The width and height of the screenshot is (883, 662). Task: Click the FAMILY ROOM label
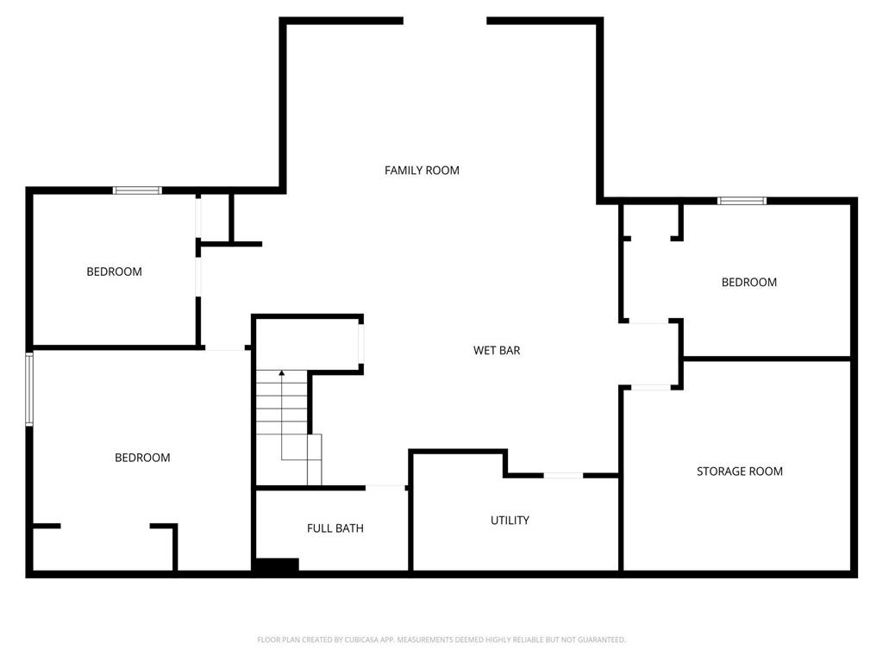(x=422, y=171)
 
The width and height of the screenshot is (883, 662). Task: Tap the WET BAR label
(x=497, y=351)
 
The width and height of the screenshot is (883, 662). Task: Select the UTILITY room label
(x=510, y=521)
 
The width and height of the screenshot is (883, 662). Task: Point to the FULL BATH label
(x=335, y=528)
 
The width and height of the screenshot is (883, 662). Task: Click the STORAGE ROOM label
(x=740, y=472)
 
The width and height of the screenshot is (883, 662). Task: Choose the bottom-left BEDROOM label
(x=142, y=458)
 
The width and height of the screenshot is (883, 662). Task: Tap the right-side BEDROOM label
(x=748, y=283)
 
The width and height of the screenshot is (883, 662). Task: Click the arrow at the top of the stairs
(x=282, y=373)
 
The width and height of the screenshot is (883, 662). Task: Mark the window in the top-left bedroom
(x=137, y=190)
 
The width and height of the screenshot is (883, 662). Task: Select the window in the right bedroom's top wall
(x=742, y=201)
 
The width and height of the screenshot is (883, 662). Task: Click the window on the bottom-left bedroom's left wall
(x=29, y=389)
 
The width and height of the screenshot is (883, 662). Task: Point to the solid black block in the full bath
(x=276, y=565)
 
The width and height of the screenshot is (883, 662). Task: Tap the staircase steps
(x=282, y=414)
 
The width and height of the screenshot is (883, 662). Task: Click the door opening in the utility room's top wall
(x=563, y=475)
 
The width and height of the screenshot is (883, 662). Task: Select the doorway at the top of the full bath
(x=385, y=487)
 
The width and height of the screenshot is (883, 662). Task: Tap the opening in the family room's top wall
(x=445, y=21)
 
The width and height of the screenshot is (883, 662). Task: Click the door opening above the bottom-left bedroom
(x=224, y=348)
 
